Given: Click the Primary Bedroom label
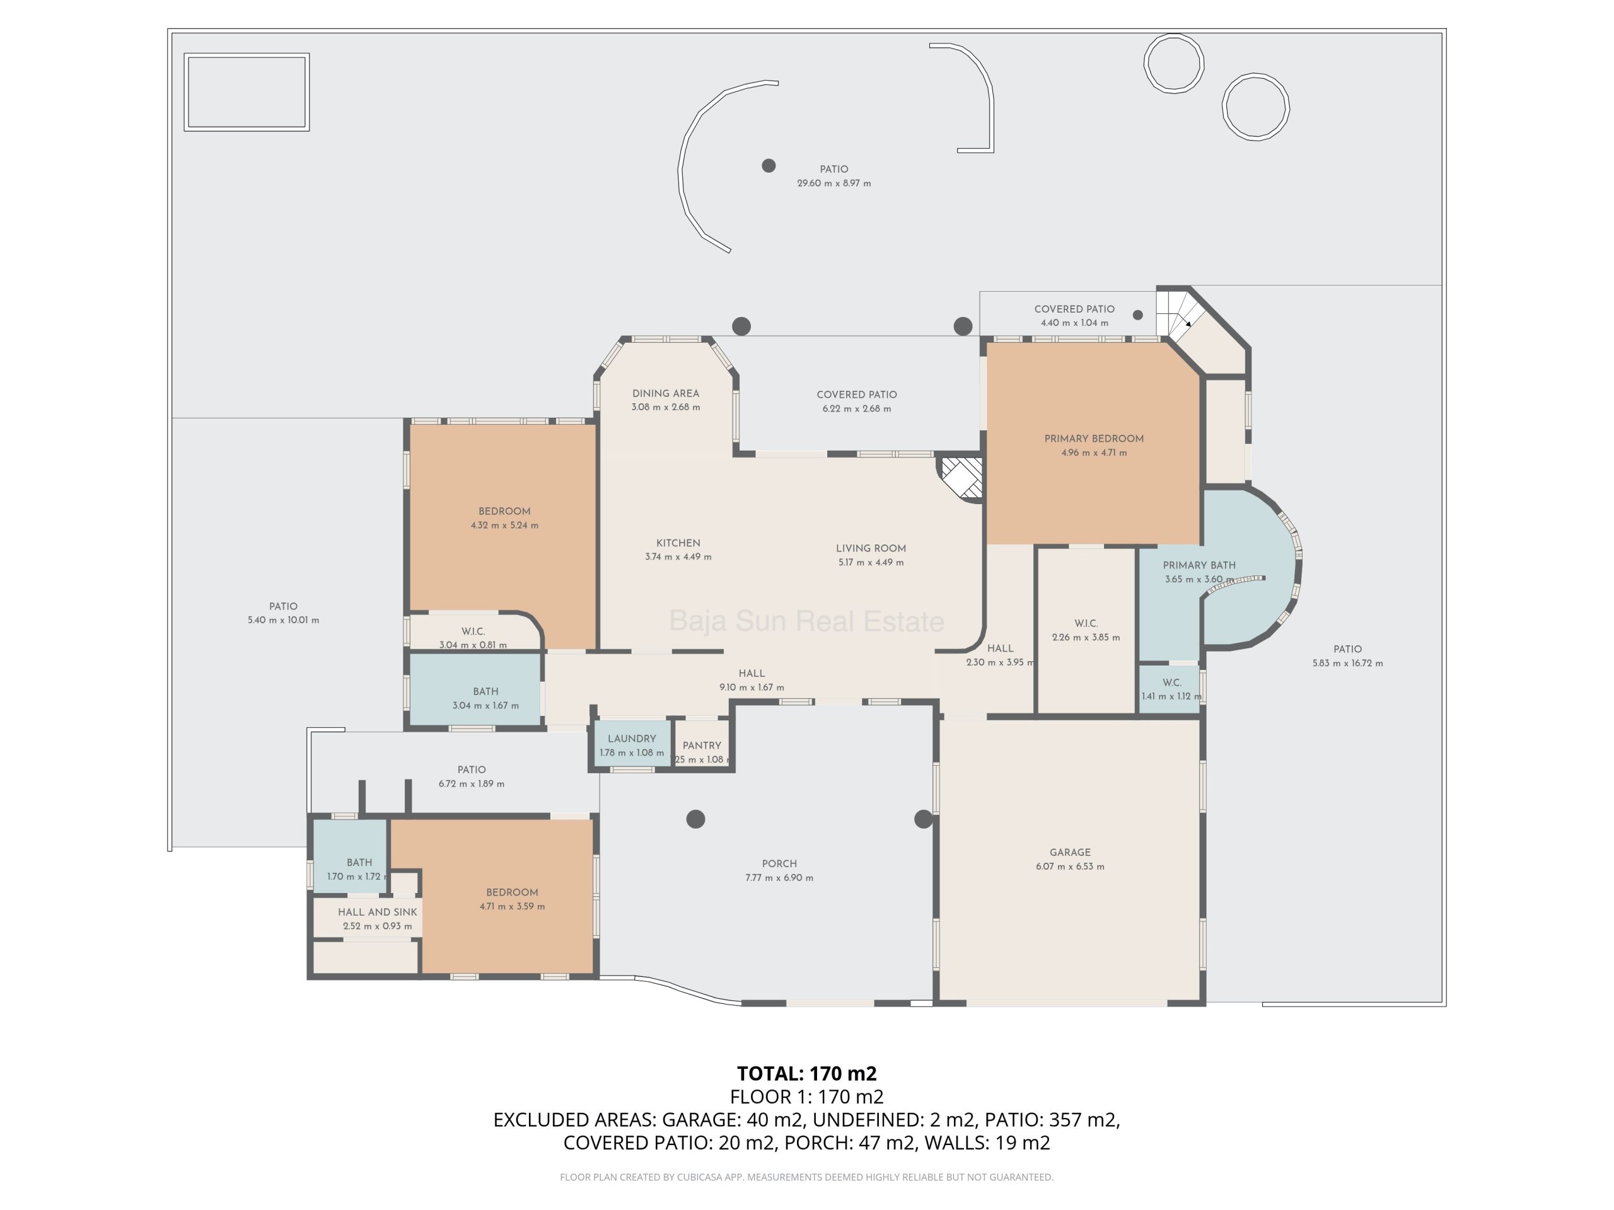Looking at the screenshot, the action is (1094, 439).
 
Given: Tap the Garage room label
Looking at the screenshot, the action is (1071, 852).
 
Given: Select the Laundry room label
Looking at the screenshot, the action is (632, 738).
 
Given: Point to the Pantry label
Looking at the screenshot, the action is (702, 746).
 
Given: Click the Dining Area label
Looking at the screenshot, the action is (665, 393).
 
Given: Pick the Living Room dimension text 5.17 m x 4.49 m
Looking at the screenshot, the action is (871, 562).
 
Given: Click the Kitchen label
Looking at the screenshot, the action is (678, 543).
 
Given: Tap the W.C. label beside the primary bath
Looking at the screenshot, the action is (1172, 683).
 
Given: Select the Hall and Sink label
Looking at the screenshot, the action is (377, 912).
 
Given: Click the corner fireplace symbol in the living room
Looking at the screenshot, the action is (961, 478).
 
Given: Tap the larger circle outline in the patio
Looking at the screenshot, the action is (1256, 74).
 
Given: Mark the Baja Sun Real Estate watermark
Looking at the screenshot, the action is (807, 621).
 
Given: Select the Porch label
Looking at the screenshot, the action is (779, 863).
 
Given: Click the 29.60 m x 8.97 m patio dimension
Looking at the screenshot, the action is (834, 183).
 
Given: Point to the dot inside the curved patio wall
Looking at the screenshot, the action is (769, 166).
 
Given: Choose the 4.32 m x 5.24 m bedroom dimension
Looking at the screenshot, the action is (505, 525).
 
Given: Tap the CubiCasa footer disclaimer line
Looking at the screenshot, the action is (807, 1177).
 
